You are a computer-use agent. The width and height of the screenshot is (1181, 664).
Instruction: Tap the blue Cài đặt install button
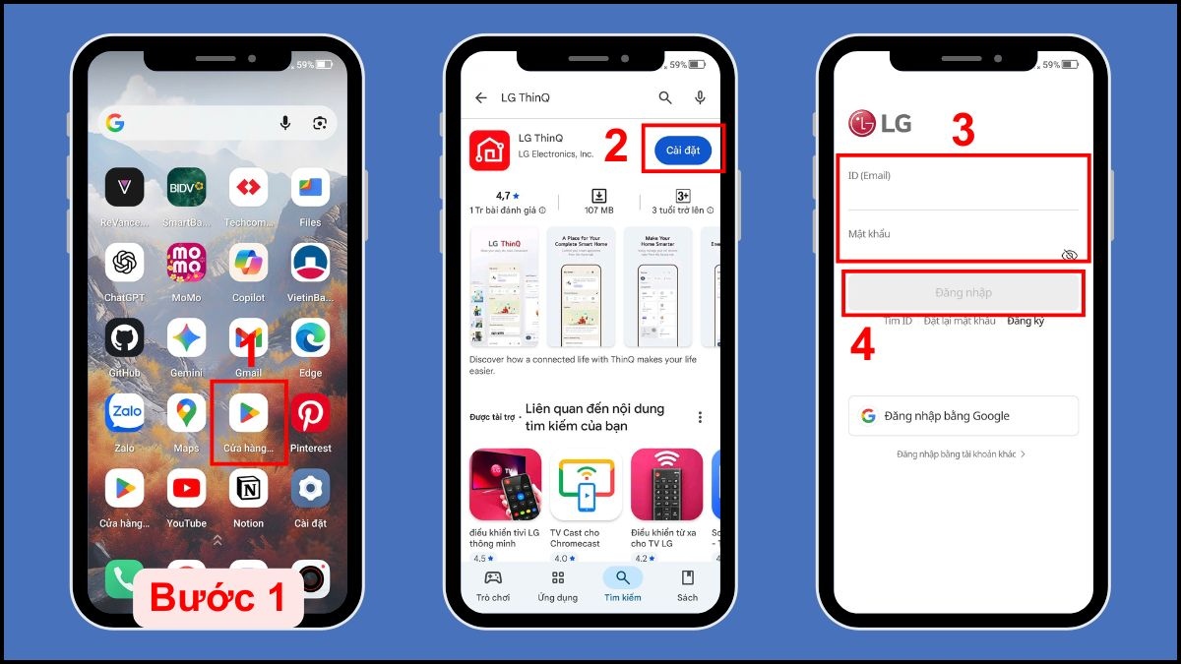(x=683, y=150)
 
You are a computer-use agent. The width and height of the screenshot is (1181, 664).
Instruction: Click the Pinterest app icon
(x=311, y=414)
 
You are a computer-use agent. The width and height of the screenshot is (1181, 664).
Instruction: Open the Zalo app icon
(x=125, y=414)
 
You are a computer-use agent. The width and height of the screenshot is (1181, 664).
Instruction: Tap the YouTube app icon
(x=186, y=488)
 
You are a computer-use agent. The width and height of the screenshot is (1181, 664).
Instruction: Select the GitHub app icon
(x=125, y=338)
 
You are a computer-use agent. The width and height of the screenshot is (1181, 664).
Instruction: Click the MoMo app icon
(x=186, y=263)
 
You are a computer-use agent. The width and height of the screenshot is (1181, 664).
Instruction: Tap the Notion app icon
(x=248, y=488)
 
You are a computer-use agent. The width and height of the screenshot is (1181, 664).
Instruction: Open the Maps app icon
(x=186, y=414)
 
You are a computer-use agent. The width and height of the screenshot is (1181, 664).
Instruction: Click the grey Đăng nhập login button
(x=963, y=292)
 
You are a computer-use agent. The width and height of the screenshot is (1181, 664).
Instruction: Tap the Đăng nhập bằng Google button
(x=963, y=416)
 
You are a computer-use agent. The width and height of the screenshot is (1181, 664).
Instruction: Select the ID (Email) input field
(x=963, y=193)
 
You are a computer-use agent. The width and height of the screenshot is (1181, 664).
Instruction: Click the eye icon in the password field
(x=1069, y=255)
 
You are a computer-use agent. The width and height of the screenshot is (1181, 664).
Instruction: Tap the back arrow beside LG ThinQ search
(x=481, y=98)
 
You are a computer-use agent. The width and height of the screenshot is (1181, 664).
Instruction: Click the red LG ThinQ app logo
(x=488, y=150)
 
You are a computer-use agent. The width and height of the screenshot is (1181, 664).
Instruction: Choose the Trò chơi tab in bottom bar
(x=493, y=584)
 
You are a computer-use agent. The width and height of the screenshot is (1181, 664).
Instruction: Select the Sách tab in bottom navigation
(x=687, y=584)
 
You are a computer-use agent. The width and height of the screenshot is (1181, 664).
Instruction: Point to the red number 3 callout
(x=963, y=131)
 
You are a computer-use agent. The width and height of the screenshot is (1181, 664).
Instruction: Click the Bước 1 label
(x=218, y=597)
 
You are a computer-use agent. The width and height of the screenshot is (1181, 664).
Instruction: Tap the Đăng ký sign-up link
(x=1026, y=322)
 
